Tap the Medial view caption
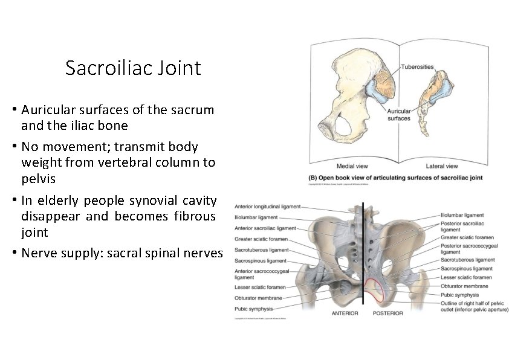354,166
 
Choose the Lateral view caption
443,166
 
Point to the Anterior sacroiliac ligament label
265,228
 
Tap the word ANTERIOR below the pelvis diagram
345,313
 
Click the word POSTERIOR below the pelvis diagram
388,313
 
